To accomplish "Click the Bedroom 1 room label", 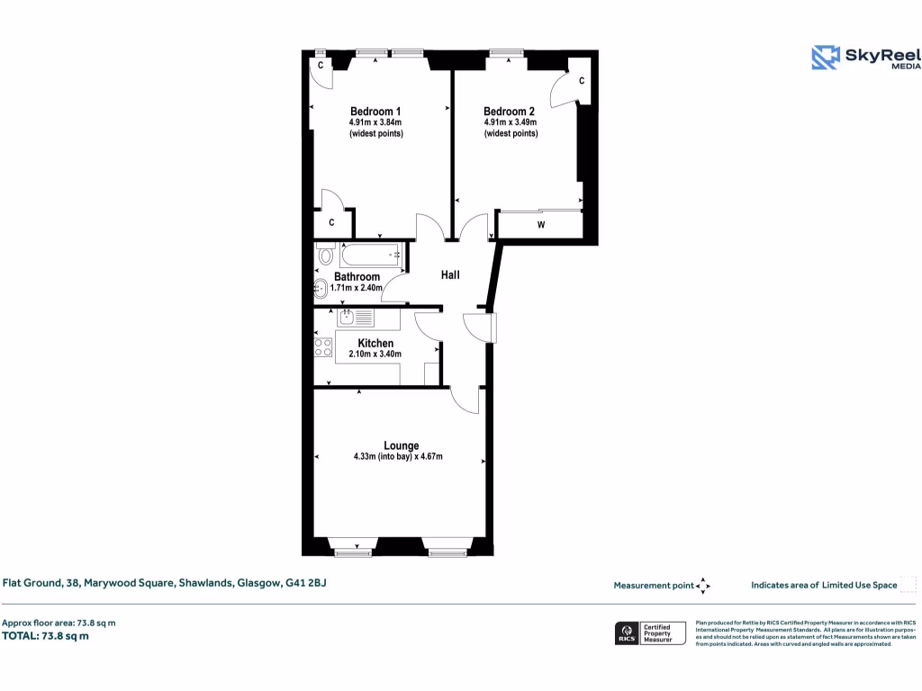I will pos(375,112).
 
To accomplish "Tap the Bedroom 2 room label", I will pos(510,112).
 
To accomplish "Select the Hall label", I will pos(450,274).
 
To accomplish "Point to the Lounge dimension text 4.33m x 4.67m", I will pos(398,457).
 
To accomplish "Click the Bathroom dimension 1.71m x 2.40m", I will pos(357,288).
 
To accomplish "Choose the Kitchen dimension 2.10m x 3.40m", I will pos(375,354).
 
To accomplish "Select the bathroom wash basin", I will pos(321,290).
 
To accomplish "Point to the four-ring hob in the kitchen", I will pos(322,347).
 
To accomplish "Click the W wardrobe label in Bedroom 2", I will pos(541,225).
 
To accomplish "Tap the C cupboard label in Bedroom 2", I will pos(582,81).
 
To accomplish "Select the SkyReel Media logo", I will pos(863,58).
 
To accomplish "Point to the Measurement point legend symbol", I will pos(703,586).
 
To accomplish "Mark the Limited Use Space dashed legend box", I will pos(908,585).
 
